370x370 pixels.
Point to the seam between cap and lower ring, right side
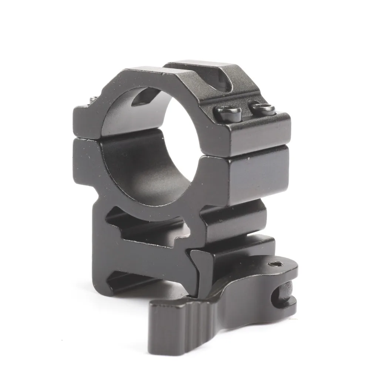point(255,153)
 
